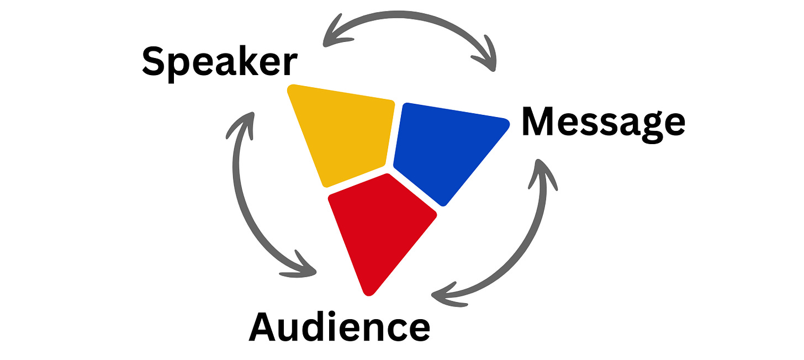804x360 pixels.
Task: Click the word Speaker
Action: click(219, 62)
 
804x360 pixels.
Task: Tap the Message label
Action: click(603, 123)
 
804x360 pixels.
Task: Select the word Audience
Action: click(339, 326)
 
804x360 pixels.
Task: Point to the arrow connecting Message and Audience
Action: click(525, 243)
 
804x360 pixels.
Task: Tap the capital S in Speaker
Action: click(154, 61)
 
